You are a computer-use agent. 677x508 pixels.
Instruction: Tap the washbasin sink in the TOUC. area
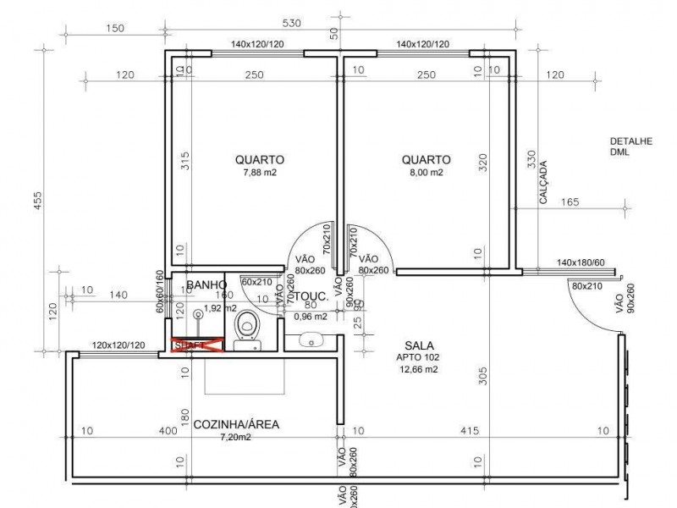click(312, 340)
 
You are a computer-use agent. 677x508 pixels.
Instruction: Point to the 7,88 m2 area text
click(260, 173)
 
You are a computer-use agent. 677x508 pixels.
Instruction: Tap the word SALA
click(420, 345)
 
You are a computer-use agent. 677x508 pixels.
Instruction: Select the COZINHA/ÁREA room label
click(236, 424)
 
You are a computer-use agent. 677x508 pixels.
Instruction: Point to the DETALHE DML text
click(630, 147)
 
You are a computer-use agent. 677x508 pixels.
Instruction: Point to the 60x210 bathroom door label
click(257, 281)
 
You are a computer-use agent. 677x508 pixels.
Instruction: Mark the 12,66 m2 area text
click(420, 369)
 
